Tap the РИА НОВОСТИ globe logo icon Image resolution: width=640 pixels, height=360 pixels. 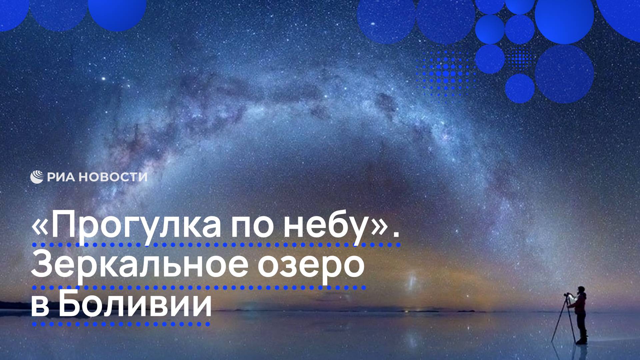click(37, 177)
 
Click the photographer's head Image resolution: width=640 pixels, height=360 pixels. click(581, 290)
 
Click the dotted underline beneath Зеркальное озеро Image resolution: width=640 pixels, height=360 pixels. click(199, 287)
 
